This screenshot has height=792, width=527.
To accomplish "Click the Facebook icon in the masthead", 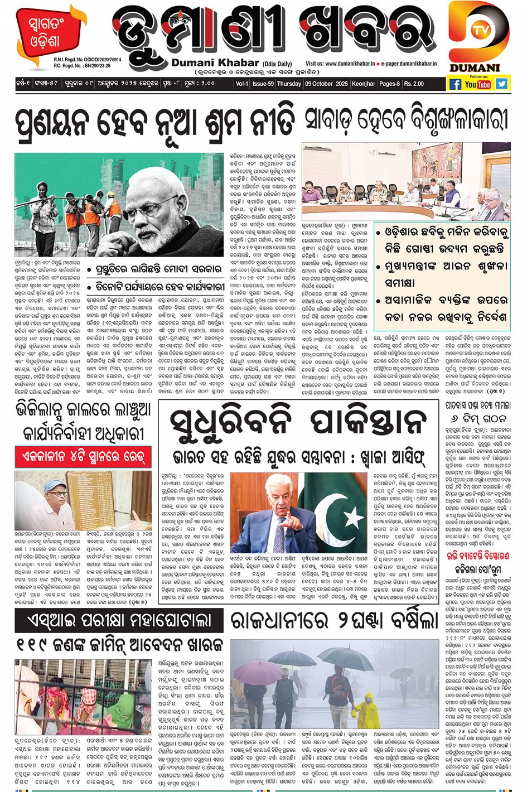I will coord(455,84).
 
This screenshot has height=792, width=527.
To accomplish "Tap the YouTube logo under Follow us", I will coord(478,84).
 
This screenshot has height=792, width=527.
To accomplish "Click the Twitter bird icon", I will coord(502,84).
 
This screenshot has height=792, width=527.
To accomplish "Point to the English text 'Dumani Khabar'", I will coord(215,63).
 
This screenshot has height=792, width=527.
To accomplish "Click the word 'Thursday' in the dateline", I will coord(289,84).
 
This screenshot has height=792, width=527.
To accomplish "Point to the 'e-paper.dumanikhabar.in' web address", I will coord(409,64).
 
